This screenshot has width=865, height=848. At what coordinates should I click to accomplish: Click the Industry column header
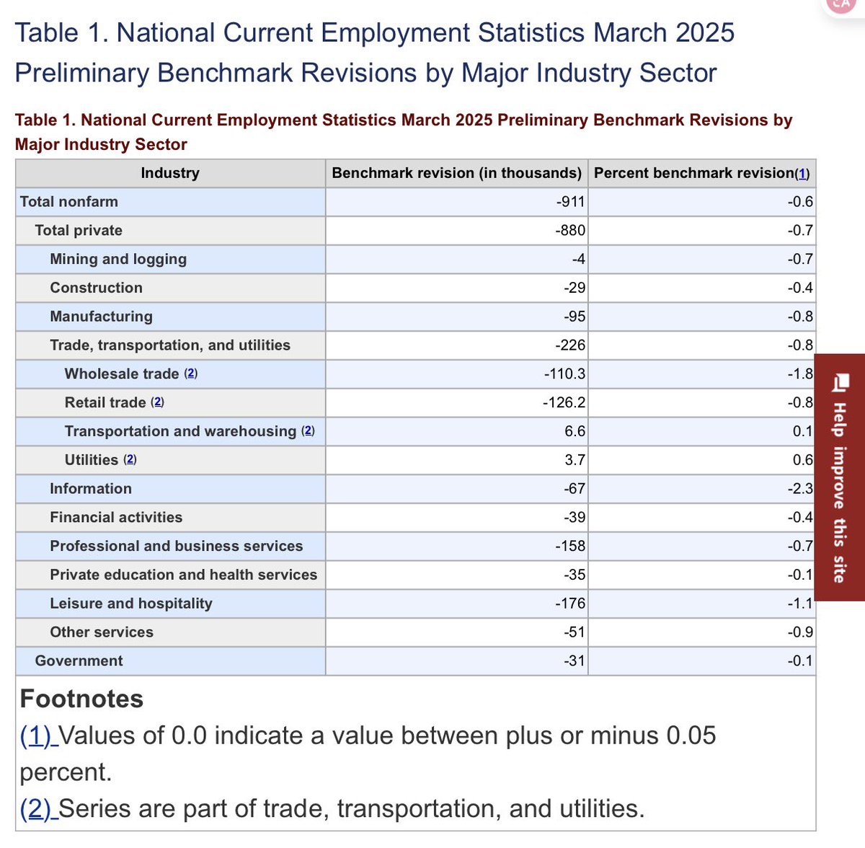[170, 173]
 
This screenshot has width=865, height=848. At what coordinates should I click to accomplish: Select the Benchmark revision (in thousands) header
[456, 173]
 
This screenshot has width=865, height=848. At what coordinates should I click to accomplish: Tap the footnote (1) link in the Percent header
[802, 174]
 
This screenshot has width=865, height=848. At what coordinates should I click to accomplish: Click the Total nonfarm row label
[69, 202]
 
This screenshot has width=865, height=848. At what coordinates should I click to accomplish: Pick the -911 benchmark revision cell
[570, 202]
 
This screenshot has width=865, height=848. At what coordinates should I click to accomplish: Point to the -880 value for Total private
[570, 231]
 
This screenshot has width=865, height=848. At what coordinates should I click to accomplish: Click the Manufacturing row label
[102, 317]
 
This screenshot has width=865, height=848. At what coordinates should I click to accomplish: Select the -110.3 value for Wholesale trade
[564, 374]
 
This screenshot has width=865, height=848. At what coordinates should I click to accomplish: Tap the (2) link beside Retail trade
[157, 402]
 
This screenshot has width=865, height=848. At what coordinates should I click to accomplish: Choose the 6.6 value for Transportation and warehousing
[575, 431]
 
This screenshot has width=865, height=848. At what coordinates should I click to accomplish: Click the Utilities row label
[92, 460]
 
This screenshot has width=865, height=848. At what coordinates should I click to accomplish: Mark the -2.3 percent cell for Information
[800, 489]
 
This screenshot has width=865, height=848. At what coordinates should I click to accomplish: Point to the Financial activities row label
[116, 518]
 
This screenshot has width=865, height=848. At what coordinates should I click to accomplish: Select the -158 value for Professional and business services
[570, 546]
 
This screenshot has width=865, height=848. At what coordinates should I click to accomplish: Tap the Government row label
[79, 661]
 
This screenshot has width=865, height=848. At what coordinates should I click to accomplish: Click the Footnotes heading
[81, 699]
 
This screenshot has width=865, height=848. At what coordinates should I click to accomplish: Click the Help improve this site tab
[839, 477]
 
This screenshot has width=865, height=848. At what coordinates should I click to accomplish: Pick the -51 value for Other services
[575, 632]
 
